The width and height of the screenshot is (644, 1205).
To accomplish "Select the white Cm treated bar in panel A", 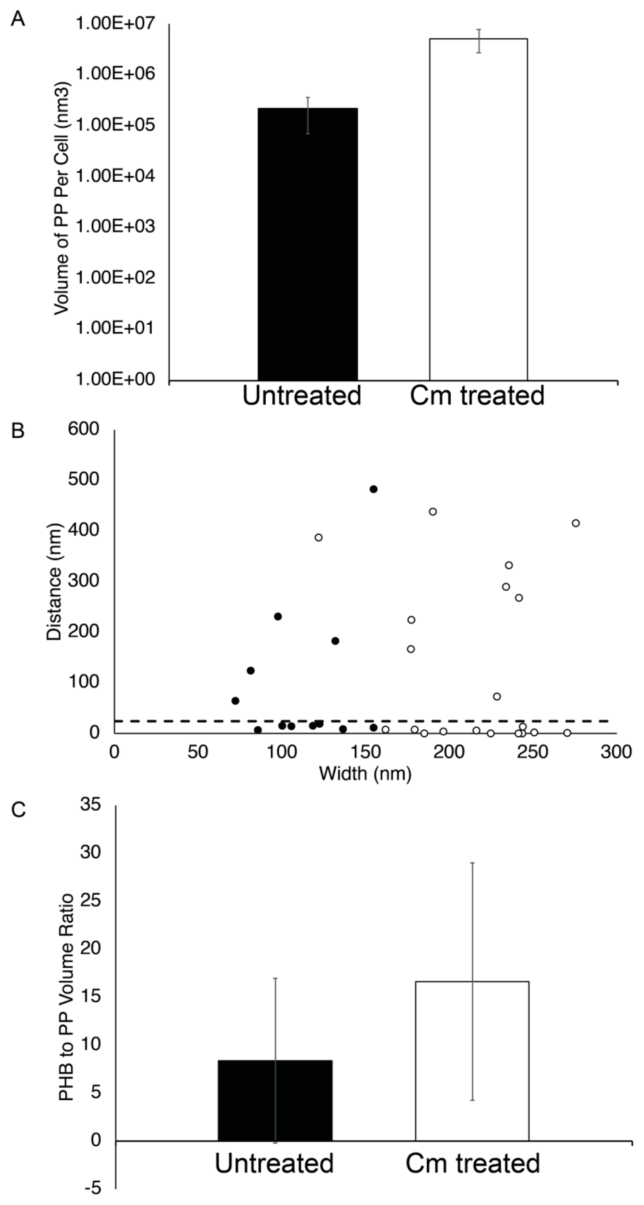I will point(478,209).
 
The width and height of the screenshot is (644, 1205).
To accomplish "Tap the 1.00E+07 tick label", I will point(115,23).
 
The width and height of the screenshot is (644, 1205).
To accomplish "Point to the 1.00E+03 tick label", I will point(115,226).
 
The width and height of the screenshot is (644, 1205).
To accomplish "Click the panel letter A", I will point(17,19).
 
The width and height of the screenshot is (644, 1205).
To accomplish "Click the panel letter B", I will point(17,431).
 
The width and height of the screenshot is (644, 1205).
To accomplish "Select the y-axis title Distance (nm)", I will point(54,582).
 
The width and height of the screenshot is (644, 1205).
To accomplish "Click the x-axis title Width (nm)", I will point(365,773).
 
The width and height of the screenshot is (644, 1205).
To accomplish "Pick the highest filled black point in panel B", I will point(373,489).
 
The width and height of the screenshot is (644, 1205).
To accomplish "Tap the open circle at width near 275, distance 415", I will point(576,523).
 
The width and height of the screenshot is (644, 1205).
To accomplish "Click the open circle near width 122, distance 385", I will point(318,537).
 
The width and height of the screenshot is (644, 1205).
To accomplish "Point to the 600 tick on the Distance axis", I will point(83,429).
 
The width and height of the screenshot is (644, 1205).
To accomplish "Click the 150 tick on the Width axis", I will point(365,752).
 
